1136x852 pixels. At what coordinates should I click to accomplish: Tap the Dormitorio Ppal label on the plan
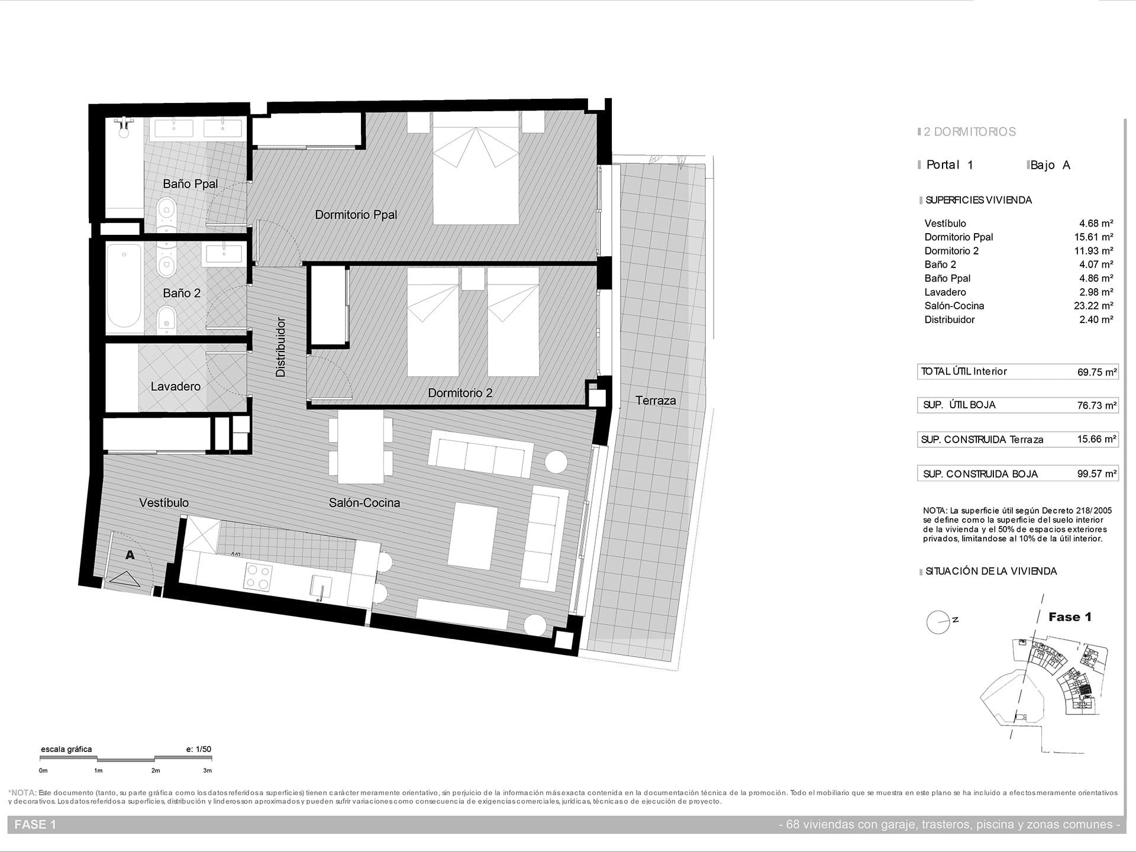point(356,215)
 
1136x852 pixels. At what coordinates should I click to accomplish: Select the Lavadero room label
point(175,386)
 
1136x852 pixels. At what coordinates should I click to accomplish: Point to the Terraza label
point(656,401)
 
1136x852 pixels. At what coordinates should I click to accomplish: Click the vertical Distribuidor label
point(281,347)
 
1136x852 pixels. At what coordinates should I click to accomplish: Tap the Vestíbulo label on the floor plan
point(164,503)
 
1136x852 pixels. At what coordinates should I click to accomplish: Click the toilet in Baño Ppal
point(167,214)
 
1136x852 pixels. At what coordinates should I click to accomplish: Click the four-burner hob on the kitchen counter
point(259,577)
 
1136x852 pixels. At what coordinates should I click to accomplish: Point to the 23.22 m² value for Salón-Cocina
point(1096,306)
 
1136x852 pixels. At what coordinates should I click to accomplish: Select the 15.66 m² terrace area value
point(1097,440)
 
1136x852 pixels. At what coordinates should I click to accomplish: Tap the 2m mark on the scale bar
point(156,770)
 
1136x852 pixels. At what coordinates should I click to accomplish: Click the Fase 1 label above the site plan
point(1070,617)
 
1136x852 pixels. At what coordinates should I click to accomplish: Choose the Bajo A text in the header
point(1050,165)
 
